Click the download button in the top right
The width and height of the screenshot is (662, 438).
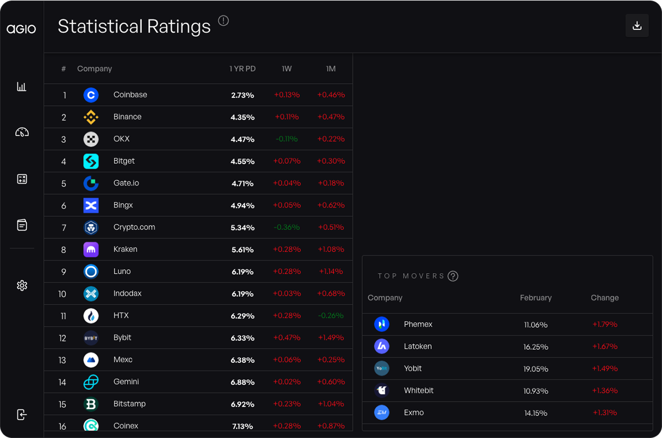click(x=637, y=26)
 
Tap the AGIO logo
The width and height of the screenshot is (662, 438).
click(x=21, y=29)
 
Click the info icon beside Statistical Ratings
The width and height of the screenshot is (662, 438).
click(x=223, y=21)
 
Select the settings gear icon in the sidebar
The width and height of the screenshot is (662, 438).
click(x=22, y=285)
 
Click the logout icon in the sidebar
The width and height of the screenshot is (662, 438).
click(x=22, y=414)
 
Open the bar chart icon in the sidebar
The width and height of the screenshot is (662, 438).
click(x=22, y=87)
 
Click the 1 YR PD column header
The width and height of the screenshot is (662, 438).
click(x=242, y=69)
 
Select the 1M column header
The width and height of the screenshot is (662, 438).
click(x=330, y=69)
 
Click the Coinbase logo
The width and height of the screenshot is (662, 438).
click(x=91, y=95)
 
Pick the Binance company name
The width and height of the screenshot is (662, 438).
click(x=127, y=117)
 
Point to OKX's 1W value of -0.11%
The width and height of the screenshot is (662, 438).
click(x=287, y=139)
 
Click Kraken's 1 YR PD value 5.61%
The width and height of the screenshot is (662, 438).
click(x=242, y=249)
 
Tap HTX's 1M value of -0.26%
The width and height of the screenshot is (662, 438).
click(x=331, y=316)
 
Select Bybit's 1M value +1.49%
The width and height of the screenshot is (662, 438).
click(x=331, y=338)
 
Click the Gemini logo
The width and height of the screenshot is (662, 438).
click(x=91, y=382)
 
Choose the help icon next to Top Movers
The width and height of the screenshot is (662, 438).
click(x=453, y=276)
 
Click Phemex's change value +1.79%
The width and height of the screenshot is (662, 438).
click(x=605, y=325)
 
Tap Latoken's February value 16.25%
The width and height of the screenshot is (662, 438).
click(x=536, y=347)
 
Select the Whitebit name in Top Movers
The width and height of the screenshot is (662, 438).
click(x=418, y=391)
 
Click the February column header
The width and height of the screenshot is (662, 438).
click(x=536, y=298)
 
